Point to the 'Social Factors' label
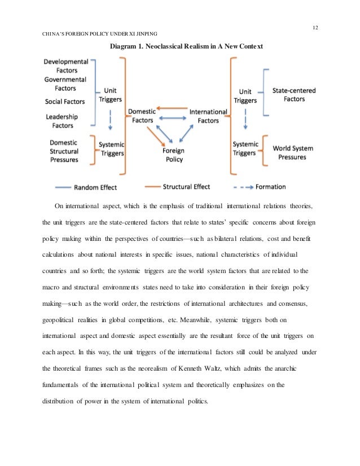(x=65, y=102)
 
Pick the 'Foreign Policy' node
(x=173, y=155)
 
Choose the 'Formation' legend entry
(x=270, y=186)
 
